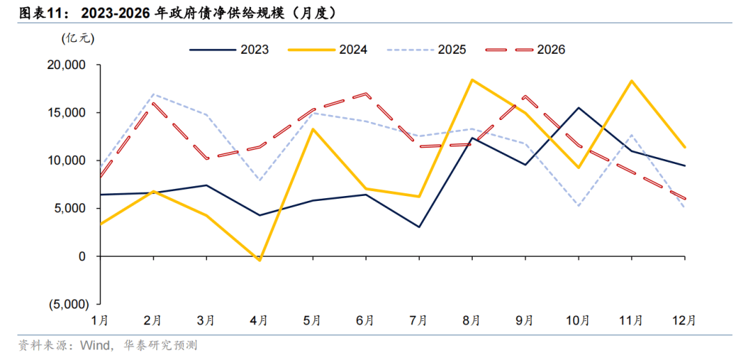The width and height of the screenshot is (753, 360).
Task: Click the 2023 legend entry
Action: pos(229,50)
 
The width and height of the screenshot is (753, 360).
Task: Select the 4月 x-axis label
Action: pos(259,320)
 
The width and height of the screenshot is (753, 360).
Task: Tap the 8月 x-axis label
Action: pos(471,320)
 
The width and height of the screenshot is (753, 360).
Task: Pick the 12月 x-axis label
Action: pos(683,320)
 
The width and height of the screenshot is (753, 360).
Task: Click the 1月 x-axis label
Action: pos(100,320)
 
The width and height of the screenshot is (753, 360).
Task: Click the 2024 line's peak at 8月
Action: pos(472,80)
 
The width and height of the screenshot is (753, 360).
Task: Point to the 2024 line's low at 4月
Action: pos(259,260)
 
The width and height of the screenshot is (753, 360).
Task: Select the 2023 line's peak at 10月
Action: pos(578,107)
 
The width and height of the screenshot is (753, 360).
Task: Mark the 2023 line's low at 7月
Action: pos(418,227)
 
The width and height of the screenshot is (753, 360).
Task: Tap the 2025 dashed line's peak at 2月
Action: pos(153,94)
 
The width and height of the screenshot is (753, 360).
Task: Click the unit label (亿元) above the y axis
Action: pos(77,39)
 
